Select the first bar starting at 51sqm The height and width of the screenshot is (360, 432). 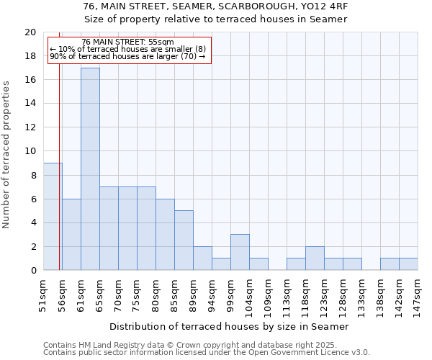tap(53, 217)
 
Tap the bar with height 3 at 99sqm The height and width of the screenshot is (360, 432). tap(240, 252)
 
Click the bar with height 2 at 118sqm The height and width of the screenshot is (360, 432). tap(315, 258)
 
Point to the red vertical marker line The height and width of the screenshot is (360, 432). tap(59, 180)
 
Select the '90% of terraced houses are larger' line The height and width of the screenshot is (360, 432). tap(127, 56)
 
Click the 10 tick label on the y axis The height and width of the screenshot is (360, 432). tap(30, 151)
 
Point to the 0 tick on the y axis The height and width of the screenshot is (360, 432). tap(32, 271)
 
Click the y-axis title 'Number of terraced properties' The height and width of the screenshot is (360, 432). tap(6, 155)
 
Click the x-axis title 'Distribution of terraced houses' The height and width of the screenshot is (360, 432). tap(231, 326)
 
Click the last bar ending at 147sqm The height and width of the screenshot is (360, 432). tap(408, 264)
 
